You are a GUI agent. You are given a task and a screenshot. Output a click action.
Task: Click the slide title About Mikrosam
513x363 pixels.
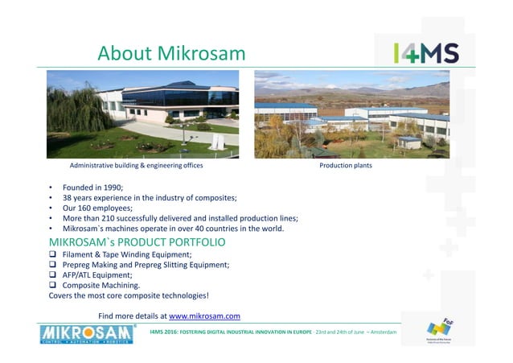(x=170, y=53)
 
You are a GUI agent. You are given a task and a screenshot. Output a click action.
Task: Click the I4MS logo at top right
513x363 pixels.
(x=426, y=53)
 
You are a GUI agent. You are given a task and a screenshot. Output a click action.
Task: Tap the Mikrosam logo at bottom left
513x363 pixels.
(x=88, y=333)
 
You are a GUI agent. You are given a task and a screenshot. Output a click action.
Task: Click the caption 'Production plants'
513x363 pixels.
(x=346, y=166)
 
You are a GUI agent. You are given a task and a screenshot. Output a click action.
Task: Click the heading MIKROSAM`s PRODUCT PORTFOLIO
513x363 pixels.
(x=137, y=241)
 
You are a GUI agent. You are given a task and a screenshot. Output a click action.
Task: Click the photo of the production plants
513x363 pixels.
(x=351, y=114)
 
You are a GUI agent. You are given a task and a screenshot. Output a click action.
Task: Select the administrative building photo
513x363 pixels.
(x=143, y=114)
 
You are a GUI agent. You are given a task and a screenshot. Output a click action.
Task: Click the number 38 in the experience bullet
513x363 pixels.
(x=68, y=197)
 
